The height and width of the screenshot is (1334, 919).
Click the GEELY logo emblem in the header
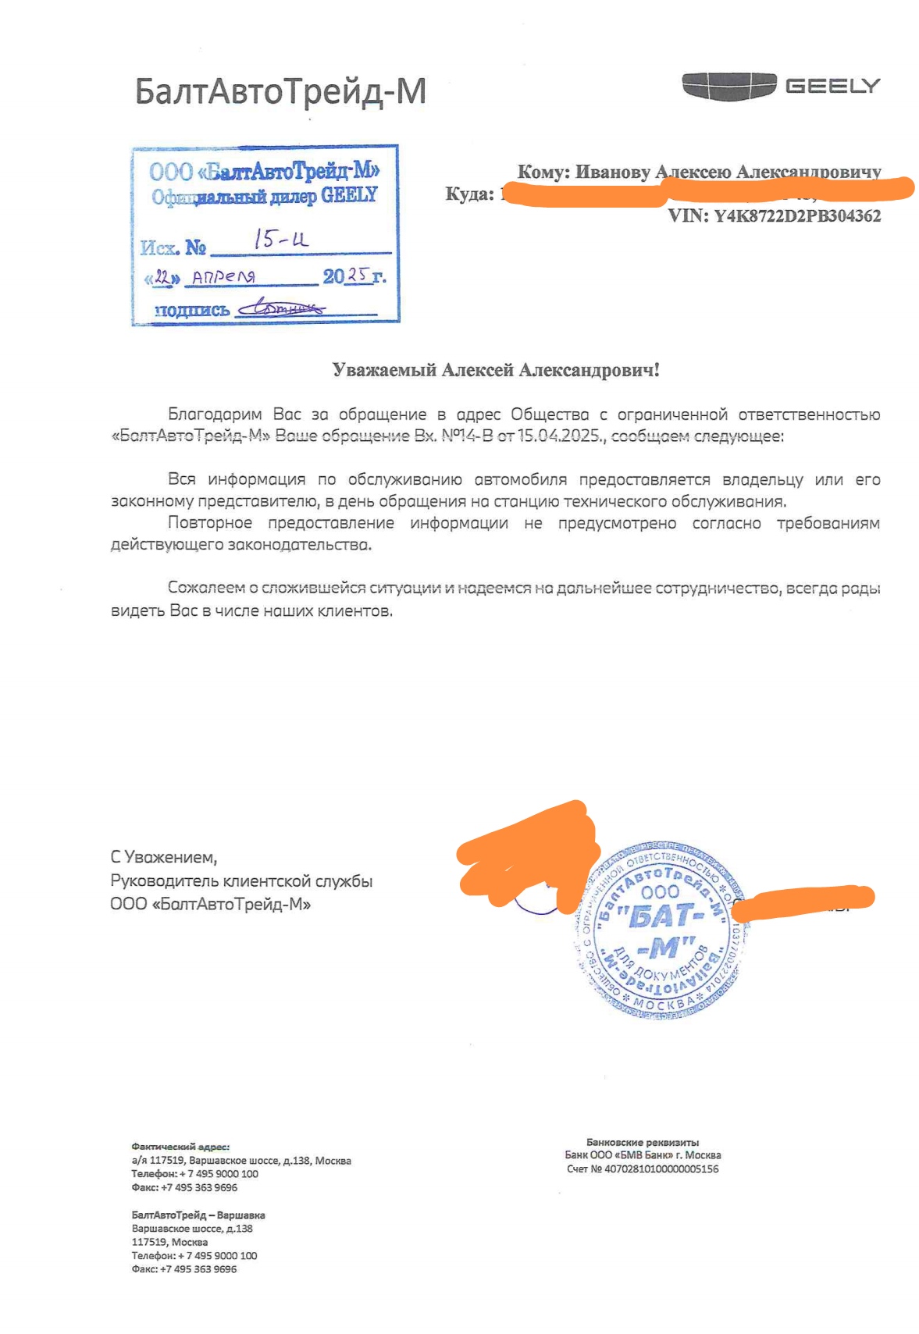pyautogui.click(x=728, y=86)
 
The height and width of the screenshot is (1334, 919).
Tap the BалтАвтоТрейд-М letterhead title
pyautogui.click(x=280, y=91)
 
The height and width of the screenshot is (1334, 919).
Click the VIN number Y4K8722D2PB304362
pyautogui.click(x=797, y=216)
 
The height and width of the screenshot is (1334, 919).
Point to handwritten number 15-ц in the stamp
pyautogui.click(x=281, y=239)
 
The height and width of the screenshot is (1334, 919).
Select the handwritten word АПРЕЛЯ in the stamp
pyautogui.click(x=224, y=277)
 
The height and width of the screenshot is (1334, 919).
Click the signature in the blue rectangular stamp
pyautogui.click(x=280, y=309)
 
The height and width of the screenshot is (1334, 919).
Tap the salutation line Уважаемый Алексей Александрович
pyautogui.click(x=496, y=370)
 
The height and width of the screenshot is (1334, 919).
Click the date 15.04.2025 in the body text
pyautogui.click(x=559, y=436)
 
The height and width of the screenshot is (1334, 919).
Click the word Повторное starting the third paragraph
pyautogui.click(x=210, y=523)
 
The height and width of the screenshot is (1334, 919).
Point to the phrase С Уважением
pyautogui.click(x=164, y=857)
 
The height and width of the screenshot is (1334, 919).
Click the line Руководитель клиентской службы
pyautogui.click(x=241, y=881)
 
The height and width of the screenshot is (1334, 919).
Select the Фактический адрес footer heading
pyautogui.click(x=180, y=1147)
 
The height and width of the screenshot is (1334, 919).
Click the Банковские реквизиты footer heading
pyautogui.click(x=643, y=1142)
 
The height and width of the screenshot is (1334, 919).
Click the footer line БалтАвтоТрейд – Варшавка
pyautogui.click(x=198, y=1215)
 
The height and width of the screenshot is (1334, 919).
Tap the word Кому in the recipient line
pyautogui.click(x=542, y=172)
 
